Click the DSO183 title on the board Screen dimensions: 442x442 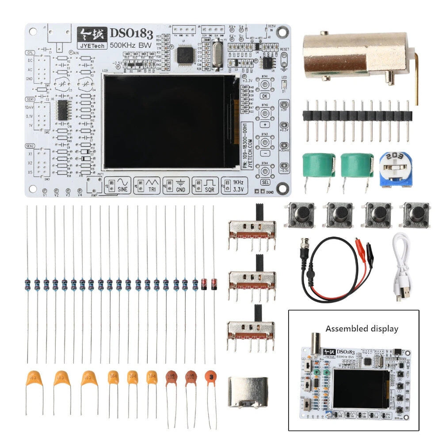coord(131,33)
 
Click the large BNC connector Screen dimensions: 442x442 coord(358,55)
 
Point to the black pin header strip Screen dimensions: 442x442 coord(357,116)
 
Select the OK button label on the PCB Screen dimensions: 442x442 coord(265,95)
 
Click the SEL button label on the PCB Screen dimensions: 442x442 coord(265,183)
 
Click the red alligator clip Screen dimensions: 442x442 coord(362,244)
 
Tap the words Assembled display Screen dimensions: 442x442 coord(362,329)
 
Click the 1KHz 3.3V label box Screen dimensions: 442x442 coord(233,185)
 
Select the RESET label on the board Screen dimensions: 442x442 coord(284,50)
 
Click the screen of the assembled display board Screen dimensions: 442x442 coord(360,389)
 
